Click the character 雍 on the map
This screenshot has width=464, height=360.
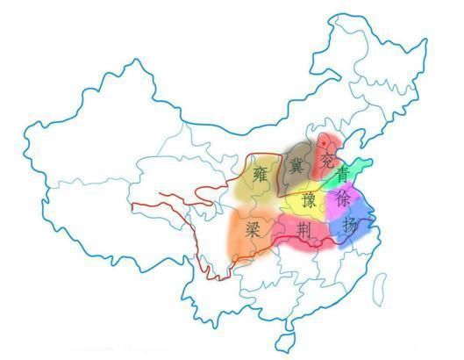coord(259,173)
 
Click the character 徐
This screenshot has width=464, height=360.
coord(343,201)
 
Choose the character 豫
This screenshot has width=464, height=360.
coord(309,200)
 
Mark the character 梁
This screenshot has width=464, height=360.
coord(253,230)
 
